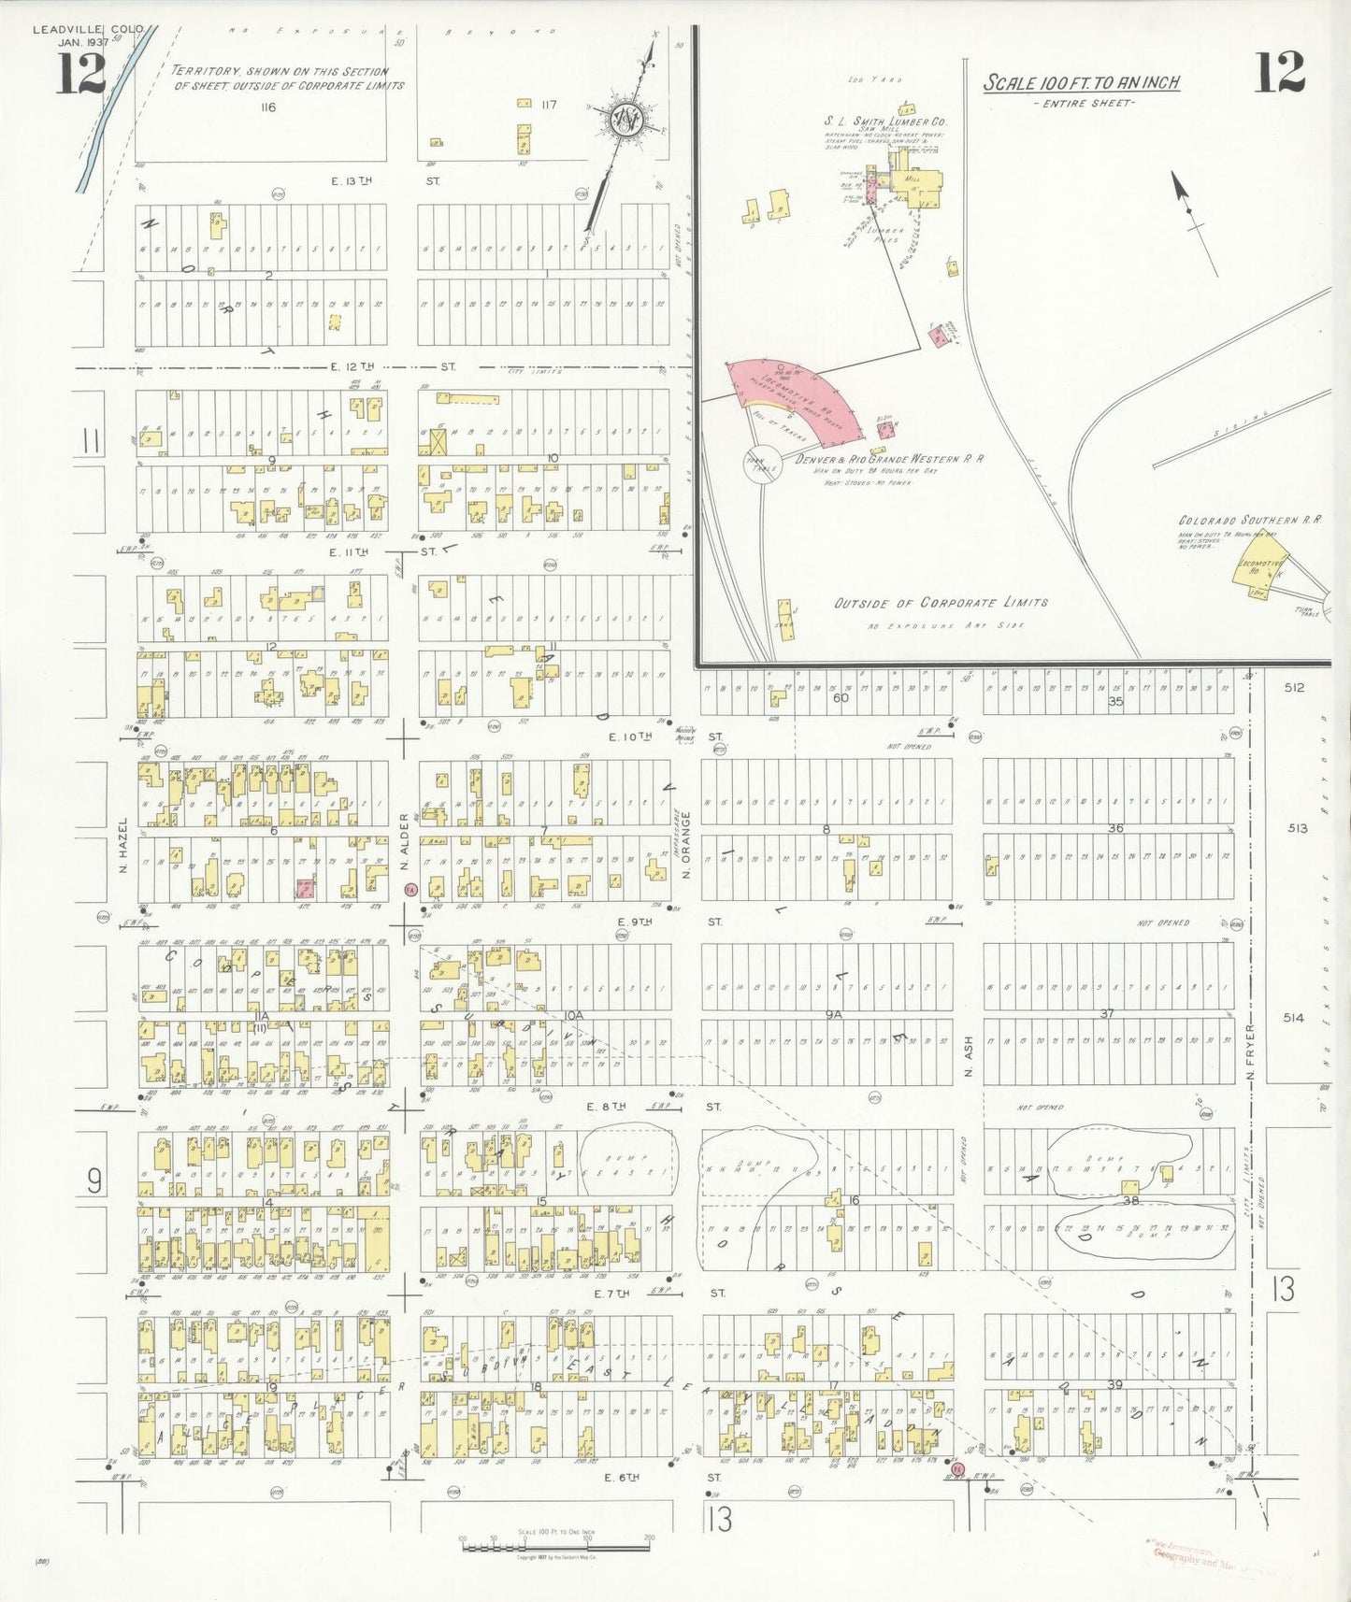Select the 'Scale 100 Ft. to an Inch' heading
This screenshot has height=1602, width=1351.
[1081, 83]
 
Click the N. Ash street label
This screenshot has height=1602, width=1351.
[969, 1056]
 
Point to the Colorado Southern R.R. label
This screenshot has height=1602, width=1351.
[1250, 520]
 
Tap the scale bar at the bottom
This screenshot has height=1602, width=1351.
[556, 1542]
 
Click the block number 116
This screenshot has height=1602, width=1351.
[268, 107]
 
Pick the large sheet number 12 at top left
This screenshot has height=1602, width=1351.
[81, 74]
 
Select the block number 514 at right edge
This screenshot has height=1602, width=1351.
[1293, 1018]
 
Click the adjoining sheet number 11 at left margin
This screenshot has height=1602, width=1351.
[91, 440]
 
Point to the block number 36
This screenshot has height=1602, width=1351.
[1115, 828]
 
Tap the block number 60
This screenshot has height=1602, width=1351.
[841, 697]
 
